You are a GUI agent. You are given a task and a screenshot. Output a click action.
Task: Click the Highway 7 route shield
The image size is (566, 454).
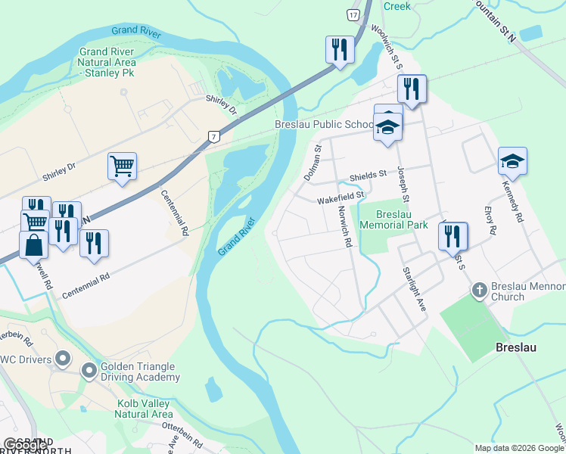[x=214, y=136]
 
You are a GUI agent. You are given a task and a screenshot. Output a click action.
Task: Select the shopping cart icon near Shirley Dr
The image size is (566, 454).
[x=122, y=166]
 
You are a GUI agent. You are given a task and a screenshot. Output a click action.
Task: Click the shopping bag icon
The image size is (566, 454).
[x=34, y=246]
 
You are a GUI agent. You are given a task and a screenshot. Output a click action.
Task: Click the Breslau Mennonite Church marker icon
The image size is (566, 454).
[x=478, y=289]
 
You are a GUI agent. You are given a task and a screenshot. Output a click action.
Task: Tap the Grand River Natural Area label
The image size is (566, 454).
[x=108, y=62]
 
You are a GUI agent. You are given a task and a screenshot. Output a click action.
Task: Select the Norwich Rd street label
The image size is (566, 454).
[x=344, y=227]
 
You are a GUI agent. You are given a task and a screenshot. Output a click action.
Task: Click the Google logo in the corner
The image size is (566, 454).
[x=24, y=445]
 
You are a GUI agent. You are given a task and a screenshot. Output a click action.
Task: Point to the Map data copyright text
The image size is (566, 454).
[x=519, y=448]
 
